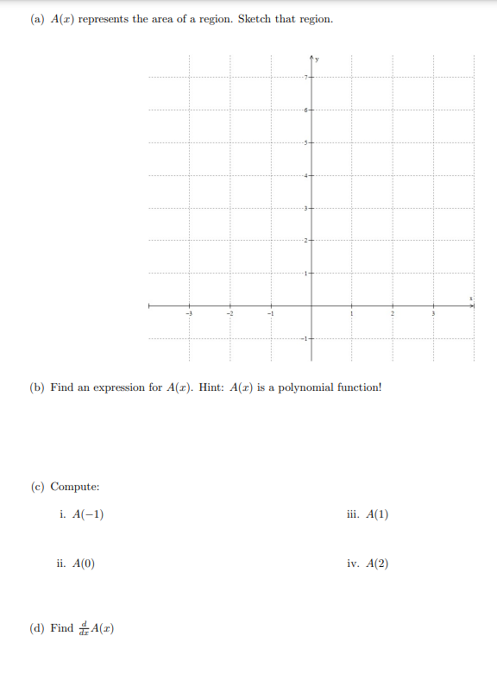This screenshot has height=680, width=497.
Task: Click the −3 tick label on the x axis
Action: click(x=190, y=314)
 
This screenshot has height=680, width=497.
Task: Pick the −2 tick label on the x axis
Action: click(x=230, y=314)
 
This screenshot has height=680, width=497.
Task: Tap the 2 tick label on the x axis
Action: click(x=393, y=314)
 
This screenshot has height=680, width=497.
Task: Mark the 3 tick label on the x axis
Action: click(x=433, y=314)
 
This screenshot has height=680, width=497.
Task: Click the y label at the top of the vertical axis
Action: click(x=317, y=60)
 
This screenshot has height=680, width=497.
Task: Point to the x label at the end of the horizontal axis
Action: click(x=471, y=298)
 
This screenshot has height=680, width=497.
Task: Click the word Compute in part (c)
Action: click(x=76, y=488)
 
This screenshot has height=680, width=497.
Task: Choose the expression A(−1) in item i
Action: click(x=90, y=514)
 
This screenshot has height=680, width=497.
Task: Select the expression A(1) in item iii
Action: click(x=377, y=514)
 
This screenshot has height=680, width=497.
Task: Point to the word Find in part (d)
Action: click(x=62, y=628)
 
